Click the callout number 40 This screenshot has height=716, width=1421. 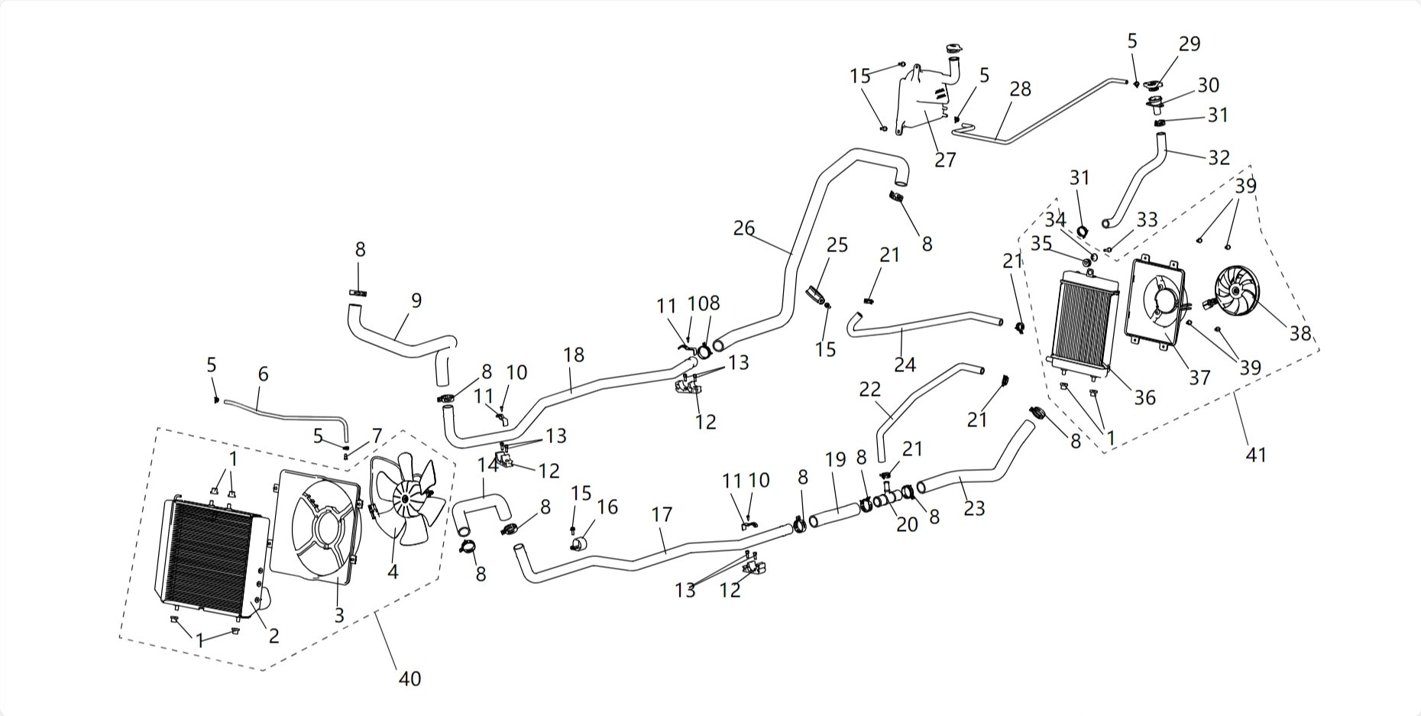point(409,678)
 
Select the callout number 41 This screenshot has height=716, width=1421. point(1255,455)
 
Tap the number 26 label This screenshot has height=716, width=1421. point(743,228)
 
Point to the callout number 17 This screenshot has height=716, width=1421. point(662,514)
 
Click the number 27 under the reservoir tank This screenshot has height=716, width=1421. point(945,160)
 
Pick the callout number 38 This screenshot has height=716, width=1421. point(1300,333)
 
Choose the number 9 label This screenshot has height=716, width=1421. point(416,300)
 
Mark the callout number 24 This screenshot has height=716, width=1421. point(905,364)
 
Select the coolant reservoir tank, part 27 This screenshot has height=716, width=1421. point(924,99)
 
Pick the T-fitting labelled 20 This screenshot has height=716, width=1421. point(887,497)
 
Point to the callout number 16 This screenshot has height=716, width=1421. point(607,507)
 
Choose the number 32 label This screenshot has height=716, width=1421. point(1219,157)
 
